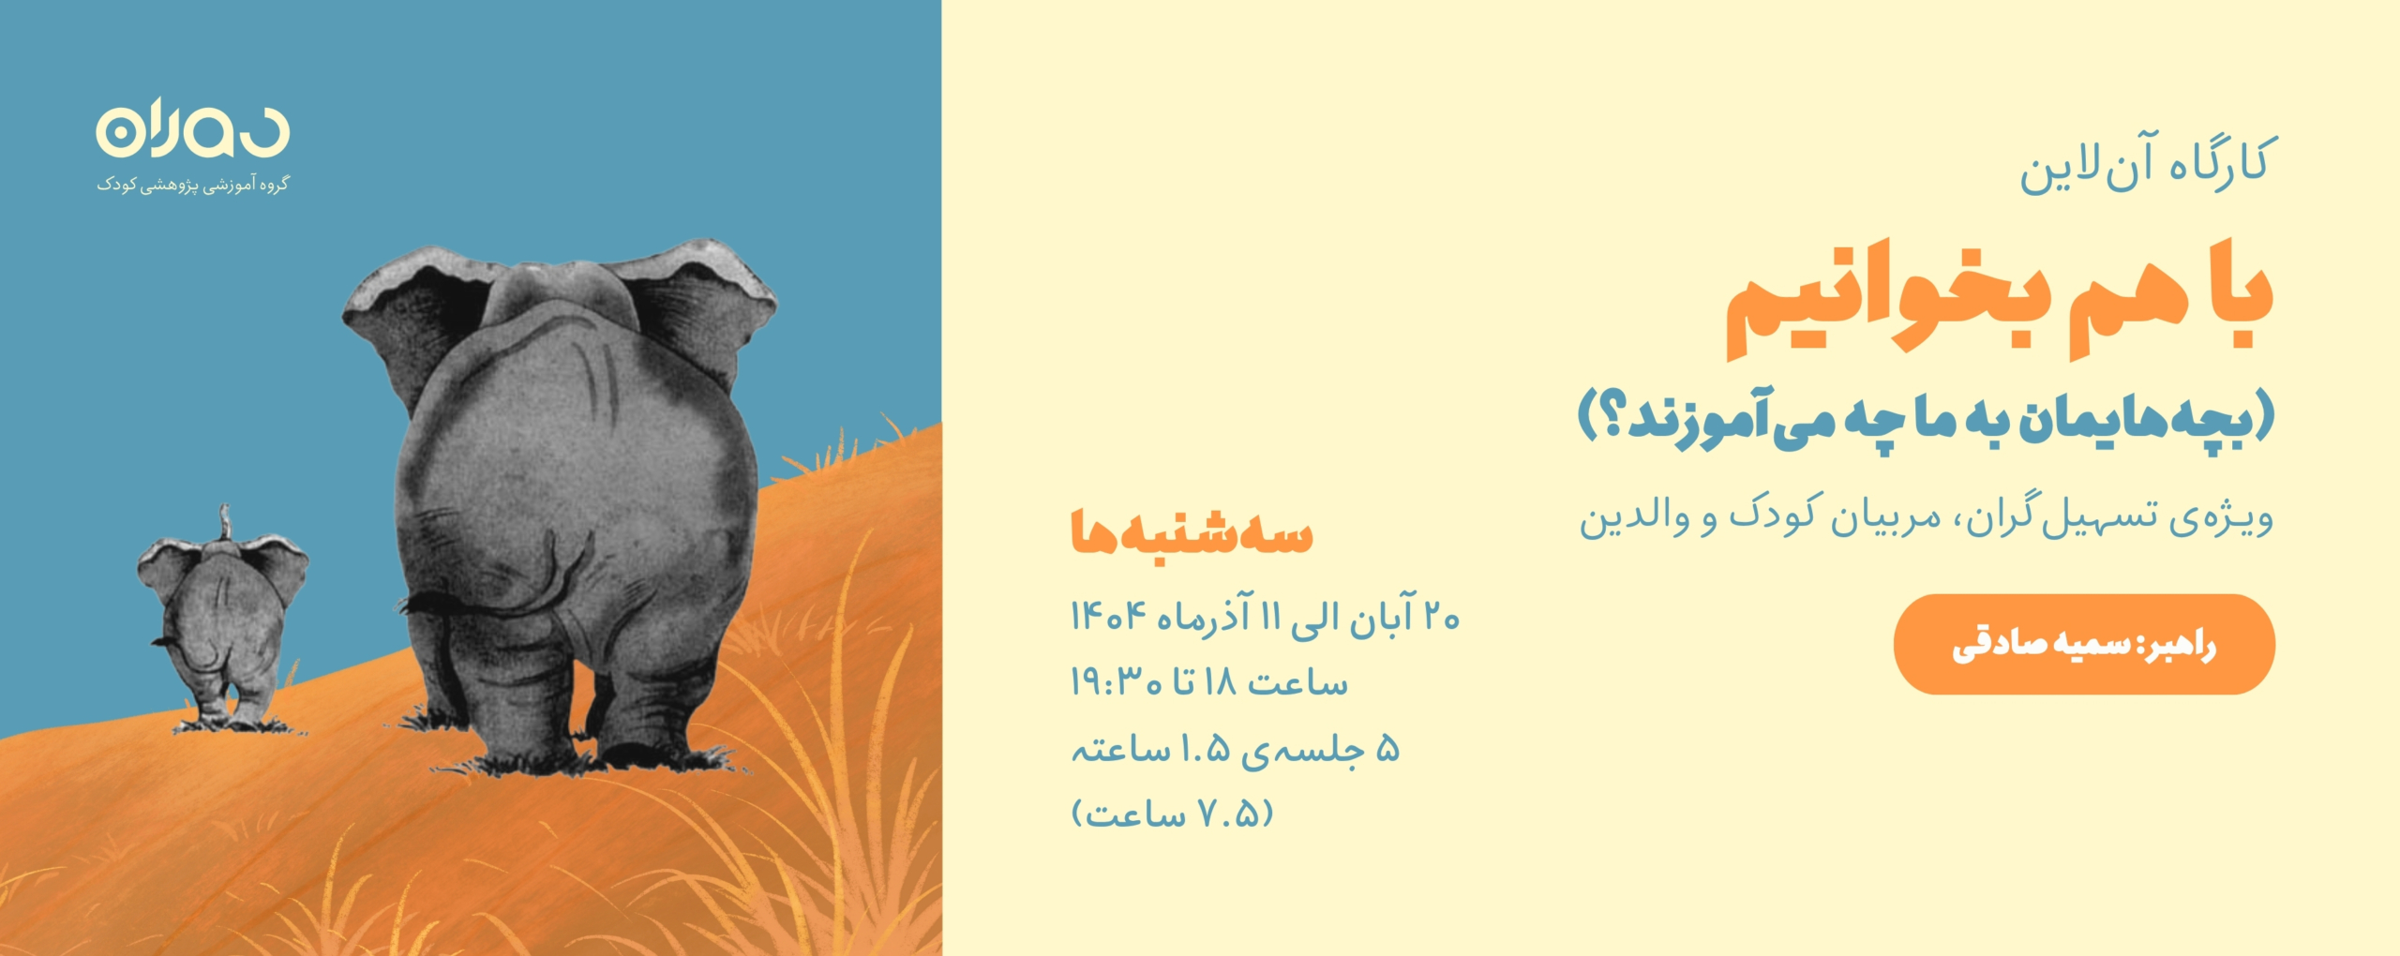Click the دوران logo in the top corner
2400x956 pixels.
click(192, 127)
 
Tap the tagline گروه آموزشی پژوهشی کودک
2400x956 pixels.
click(192, 185)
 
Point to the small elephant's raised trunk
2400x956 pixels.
click(224, 522)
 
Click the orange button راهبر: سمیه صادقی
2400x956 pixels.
click(2084, 644)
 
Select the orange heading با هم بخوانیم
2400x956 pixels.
click(2000, 300)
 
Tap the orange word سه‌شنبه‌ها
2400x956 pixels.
click(1192, 532)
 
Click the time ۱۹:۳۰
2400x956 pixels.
click(1117, 681)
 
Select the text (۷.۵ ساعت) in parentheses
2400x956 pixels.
click(1172, 814)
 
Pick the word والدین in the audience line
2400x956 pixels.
click(1627, 516)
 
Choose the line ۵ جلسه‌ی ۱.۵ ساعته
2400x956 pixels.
click(1236, 749)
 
